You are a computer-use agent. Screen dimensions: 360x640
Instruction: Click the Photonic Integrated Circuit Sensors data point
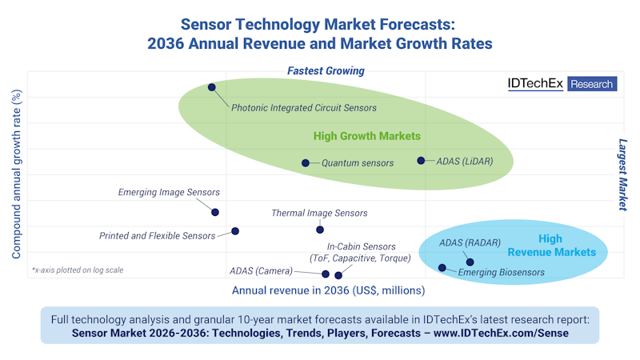212,87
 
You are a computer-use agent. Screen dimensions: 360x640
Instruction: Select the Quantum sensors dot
306,163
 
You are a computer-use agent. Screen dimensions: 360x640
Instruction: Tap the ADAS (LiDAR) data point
421,161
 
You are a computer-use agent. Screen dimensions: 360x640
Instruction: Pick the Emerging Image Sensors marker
214,212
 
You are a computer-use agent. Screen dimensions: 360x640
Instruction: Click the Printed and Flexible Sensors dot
235,231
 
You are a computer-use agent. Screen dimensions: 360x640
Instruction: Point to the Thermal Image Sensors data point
320,230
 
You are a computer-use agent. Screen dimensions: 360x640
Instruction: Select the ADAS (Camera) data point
326,274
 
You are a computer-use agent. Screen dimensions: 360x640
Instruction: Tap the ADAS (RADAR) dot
470,262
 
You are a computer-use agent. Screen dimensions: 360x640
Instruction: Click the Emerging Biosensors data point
442,267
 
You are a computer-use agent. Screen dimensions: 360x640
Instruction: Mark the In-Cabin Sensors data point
338,275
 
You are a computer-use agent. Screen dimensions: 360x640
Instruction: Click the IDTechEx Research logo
562,84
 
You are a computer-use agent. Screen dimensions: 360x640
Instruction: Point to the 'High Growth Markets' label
366,136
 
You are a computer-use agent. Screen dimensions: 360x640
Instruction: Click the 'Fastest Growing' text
326,71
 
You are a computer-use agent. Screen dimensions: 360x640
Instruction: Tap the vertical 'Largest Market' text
622,175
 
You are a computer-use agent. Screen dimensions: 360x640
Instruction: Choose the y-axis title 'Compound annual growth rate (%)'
15,174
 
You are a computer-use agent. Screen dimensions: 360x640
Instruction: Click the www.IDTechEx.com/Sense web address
501,332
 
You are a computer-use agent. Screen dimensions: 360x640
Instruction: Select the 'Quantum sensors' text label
358,163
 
